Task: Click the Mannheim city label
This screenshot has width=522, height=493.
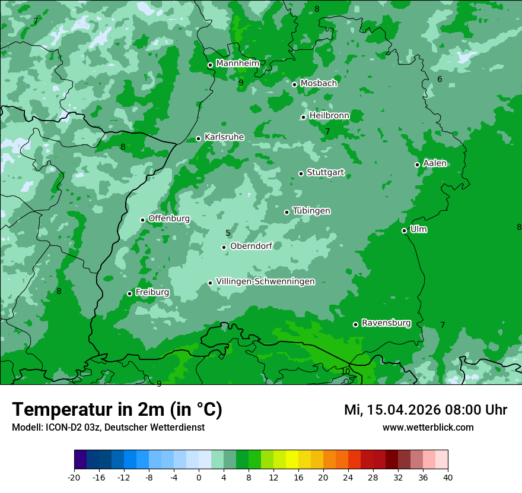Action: [237, 63]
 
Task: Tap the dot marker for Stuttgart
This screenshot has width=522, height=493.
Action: [301, 173]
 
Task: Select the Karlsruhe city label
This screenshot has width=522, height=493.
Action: [224, 137]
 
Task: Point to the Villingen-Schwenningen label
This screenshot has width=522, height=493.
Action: [265, 282]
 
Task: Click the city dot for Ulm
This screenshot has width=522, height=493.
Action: [404, 230]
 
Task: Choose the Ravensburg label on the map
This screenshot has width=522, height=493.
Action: [386, 323]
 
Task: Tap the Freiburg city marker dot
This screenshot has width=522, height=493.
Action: [129, 293]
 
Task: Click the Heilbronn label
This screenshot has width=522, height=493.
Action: [329, 115]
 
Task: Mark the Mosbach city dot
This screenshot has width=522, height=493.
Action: [294, 84]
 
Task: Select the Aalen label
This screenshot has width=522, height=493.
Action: [435, 163]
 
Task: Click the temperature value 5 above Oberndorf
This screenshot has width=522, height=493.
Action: [228, 233]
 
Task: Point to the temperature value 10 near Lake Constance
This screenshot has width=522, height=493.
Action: [345, 371]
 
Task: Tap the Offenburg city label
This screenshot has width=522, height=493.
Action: [169, 219]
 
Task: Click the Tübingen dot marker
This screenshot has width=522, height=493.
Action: [287, 212]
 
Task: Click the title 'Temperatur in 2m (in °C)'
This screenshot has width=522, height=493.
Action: [117, 409]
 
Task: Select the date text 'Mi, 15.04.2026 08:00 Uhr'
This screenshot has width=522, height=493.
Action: [425, 410]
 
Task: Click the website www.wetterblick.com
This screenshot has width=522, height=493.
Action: [428, 428]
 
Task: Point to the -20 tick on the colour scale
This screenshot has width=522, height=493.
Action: [74, 477]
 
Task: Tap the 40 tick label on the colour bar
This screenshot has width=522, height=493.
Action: [447, 477]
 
